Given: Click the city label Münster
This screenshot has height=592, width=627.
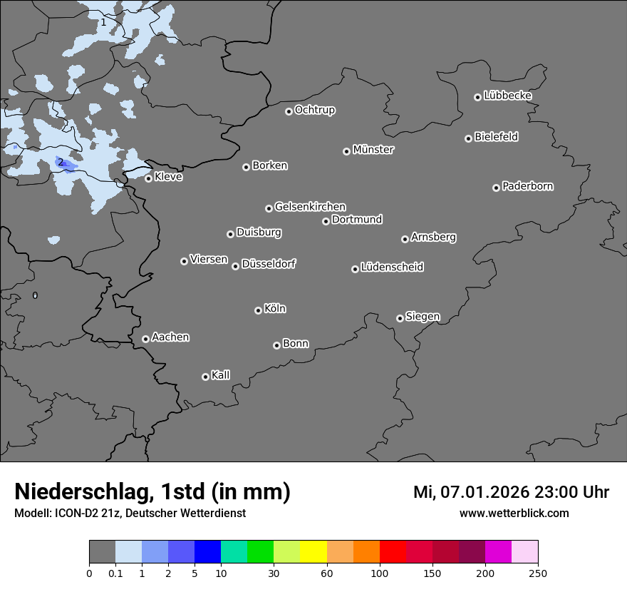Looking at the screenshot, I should pos(373,150).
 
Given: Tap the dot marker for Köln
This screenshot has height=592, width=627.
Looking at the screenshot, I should pos(258,310).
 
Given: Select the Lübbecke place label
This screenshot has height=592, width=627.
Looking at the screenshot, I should pos(507,96).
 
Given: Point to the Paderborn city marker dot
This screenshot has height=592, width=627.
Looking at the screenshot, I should pos(496,188).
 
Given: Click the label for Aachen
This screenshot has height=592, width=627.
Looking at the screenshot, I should pos(170,337).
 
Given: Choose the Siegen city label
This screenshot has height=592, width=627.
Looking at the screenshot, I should pos(423,317).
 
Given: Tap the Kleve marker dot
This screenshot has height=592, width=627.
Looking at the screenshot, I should pos(148,178).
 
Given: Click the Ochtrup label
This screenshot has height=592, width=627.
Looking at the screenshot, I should pos(314,110).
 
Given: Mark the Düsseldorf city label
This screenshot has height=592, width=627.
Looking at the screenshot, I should pos(269,264).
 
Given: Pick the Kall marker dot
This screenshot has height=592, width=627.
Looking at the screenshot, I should pos(205,377).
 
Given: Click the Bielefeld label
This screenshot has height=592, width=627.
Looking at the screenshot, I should pos(496,137).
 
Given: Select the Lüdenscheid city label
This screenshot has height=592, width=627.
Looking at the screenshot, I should pos(392,267).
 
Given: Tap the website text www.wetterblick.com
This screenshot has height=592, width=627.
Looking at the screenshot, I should pos(514,513).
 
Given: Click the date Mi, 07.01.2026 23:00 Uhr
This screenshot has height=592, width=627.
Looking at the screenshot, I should pos(511,492).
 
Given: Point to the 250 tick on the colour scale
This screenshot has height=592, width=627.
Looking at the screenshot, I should pos(538,573).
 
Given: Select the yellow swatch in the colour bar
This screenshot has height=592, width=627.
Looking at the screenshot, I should pos(313,552).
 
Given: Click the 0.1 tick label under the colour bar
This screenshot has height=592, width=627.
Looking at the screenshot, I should pos(115,573).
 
